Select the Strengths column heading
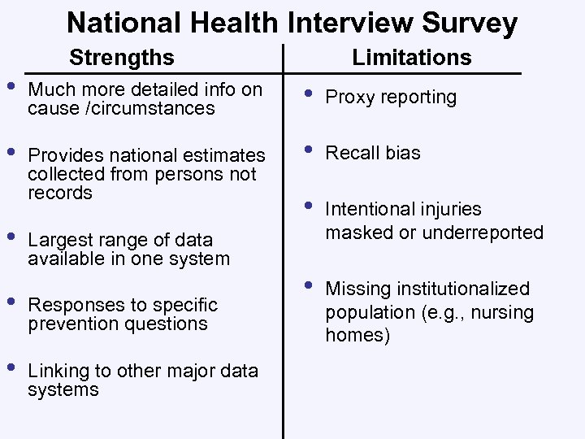(122, 58)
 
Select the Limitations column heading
(411, 57)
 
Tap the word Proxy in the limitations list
(349, 98)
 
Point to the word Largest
(59, 240)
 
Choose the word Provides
(63, 154)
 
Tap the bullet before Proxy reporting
(307, 95)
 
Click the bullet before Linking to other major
(10, 368)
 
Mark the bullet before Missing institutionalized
(307, 287)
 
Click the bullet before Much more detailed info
(10, 87)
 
